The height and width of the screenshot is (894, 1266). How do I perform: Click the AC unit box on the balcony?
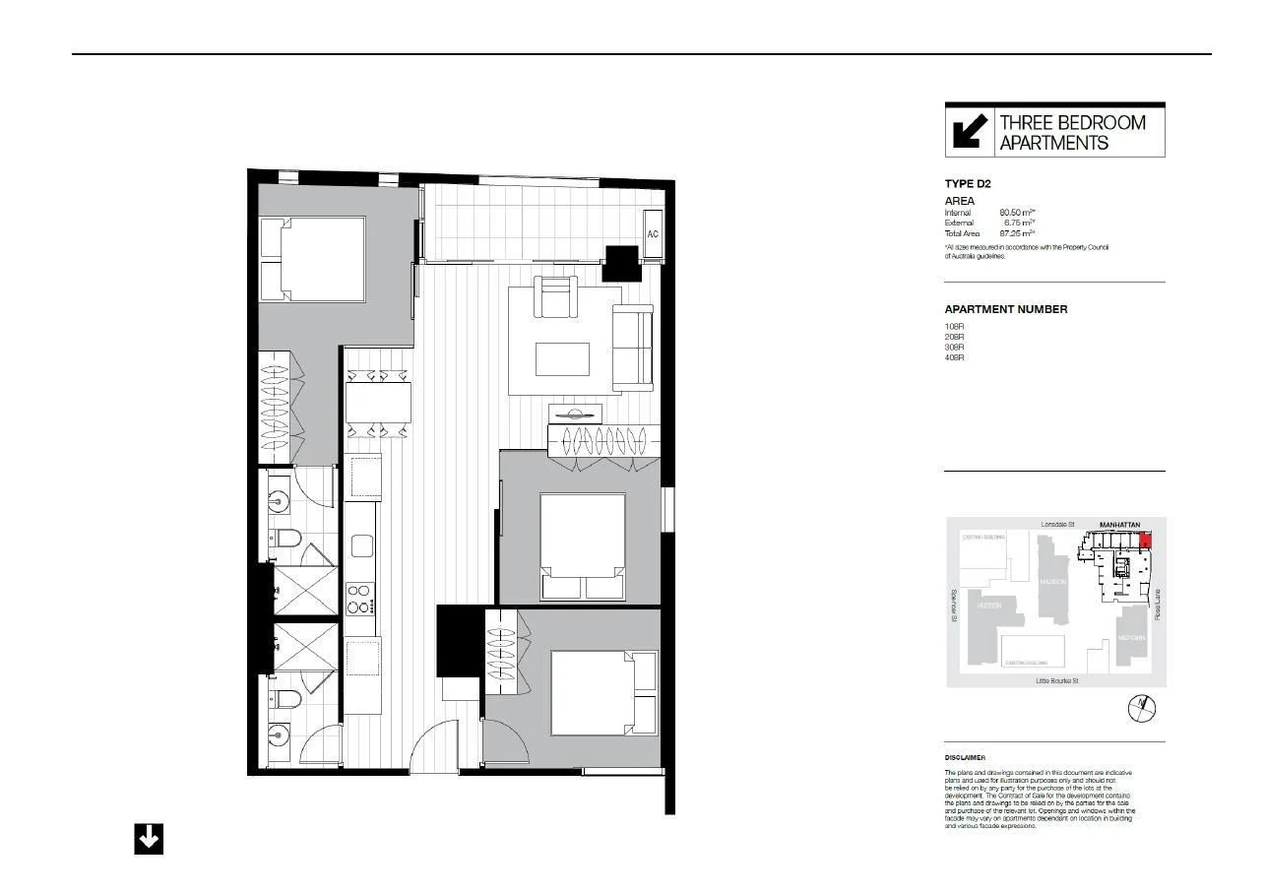tap(653, 233)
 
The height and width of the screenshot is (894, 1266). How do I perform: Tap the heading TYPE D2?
tap(967, 184)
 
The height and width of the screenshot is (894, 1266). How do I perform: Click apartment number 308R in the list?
tap(954, 348)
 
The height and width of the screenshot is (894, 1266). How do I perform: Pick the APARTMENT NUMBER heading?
tap(1005, 309)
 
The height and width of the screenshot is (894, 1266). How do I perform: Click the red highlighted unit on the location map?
tap(1144, 539)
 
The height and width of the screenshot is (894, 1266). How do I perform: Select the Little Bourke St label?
tap(1056, 681)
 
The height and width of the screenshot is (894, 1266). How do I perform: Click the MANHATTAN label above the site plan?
tap(1119, 525)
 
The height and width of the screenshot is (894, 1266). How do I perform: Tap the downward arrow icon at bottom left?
tap(149, 839)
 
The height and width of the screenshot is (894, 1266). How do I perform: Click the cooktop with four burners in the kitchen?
tap(360, 598)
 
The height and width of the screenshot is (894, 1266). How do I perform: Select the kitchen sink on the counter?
tap(362, 545)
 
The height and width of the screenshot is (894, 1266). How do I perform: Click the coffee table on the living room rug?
tap(562, 359)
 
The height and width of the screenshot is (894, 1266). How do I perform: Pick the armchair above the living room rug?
tap(556, 297)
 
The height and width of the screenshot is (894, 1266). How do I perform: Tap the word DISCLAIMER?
tap(965, 758)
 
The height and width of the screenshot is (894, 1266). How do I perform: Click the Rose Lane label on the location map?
tap(1158, 604)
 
